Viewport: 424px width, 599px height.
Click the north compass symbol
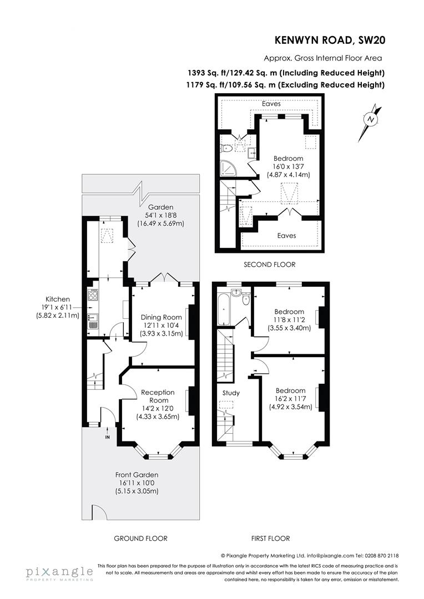pos(371,120)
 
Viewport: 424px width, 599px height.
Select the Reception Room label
pos(158,397)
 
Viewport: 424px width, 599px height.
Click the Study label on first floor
pos(231,393)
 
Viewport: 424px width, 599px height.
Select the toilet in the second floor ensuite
pos(226,148)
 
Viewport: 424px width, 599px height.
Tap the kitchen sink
pos(92,318)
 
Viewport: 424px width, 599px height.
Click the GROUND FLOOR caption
pos(140,538)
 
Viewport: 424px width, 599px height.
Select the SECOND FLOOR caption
pos(270,265)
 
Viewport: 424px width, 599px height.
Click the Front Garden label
pos(137,475)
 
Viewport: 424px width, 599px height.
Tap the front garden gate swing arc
pos(97,512)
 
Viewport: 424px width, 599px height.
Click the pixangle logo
pos(59,572)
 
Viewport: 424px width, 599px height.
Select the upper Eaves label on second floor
pos(271,104)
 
